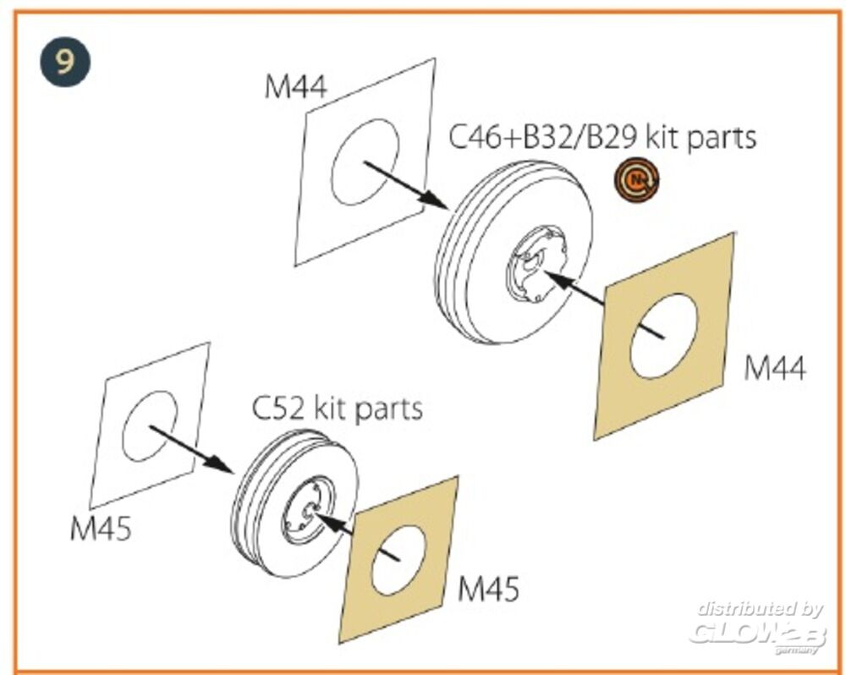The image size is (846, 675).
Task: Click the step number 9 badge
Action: (63, 63)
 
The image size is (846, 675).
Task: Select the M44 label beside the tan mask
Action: (774, 369)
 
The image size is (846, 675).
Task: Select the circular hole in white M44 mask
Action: (365, 162)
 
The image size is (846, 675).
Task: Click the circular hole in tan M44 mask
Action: (663, 335)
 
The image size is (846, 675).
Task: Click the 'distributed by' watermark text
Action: (759, 609)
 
